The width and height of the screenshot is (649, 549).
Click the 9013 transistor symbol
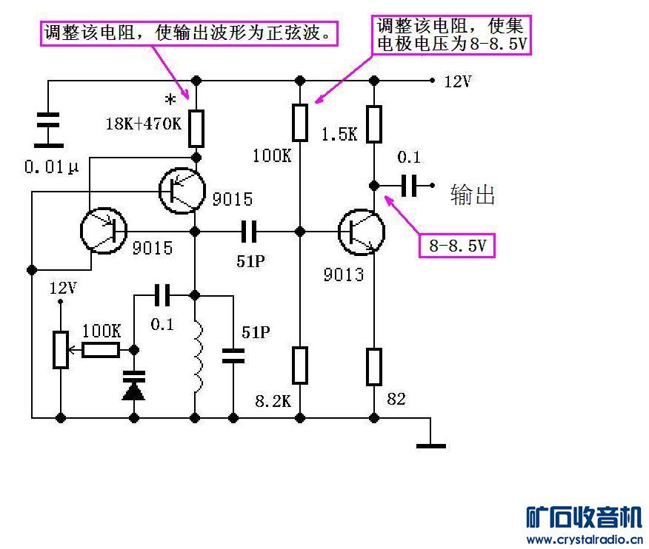(x=362, y=232)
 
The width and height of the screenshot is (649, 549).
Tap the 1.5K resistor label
(x=339, y=134)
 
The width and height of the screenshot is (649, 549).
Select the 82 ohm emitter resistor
(x=374, y=366)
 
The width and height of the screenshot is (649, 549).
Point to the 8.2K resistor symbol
(x=299, y=366)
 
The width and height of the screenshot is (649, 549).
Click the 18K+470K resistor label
(x=144, y=124)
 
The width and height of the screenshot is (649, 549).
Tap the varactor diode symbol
(x=134, y=385)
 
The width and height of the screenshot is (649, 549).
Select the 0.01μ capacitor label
(x=51, y=166)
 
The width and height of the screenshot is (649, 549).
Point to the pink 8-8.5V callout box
(x=457, y=245)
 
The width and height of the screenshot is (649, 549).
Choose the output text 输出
(x=472, y=195)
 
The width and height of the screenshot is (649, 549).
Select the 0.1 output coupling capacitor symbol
(x=408, y=185)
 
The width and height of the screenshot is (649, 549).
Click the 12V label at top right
(x=458, y=81)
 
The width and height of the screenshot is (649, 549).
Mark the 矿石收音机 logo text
(x=584, y=516)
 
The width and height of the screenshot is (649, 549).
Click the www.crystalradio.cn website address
(x=584, y=539)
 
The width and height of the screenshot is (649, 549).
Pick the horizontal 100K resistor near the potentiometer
(x=101, y=350)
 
